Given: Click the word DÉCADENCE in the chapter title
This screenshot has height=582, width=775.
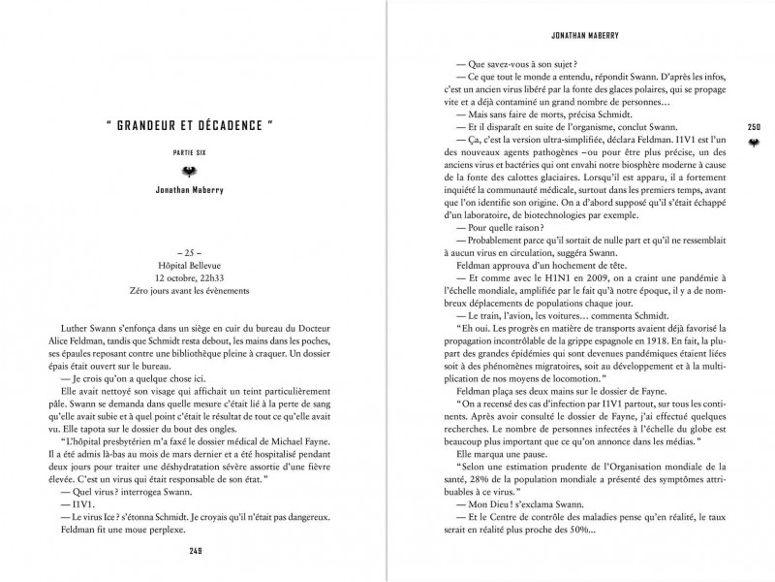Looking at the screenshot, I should coord(225,126).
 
